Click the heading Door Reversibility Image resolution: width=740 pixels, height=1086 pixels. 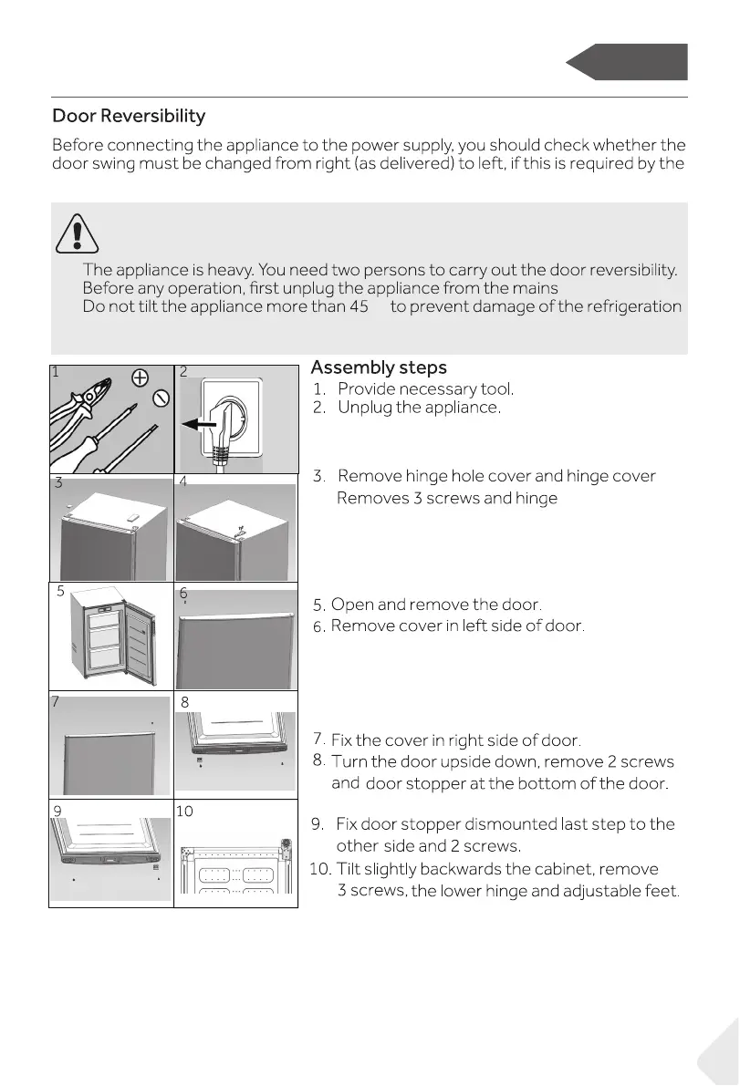coord(129,117)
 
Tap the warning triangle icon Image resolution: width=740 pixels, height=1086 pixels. coord(77,233)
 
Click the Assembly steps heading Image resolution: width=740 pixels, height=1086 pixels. coord(379,367)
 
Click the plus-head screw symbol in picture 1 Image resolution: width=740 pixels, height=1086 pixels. coord(140,378)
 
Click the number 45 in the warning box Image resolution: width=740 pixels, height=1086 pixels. coord(359,306)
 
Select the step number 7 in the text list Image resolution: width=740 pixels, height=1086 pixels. coord(318,738)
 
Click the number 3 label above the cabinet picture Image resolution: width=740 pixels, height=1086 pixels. coord(57,483)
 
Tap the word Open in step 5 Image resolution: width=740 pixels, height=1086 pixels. coord(350,605)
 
